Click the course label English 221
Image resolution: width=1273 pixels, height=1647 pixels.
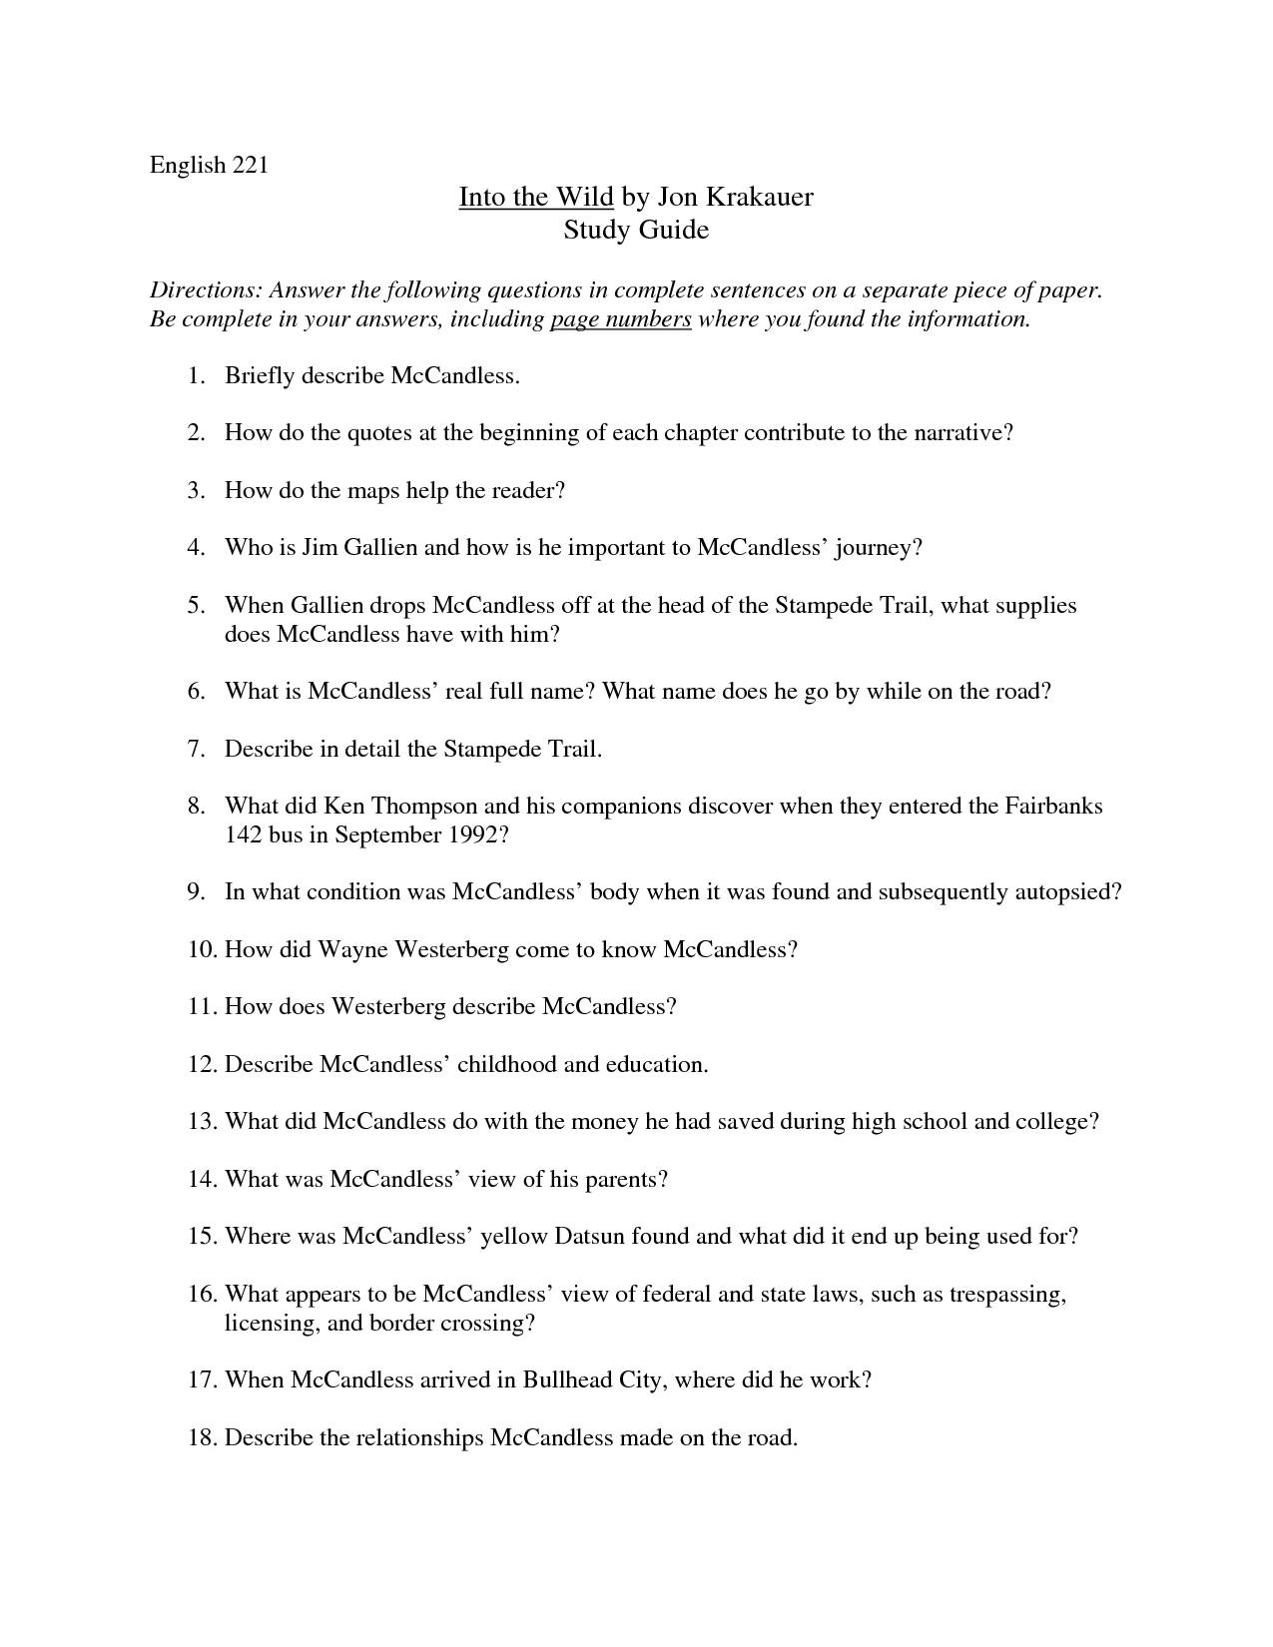[x=209, y=166]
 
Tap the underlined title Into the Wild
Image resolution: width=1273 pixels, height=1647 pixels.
[x=535, y=197]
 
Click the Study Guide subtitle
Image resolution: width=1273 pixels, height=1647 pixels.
[x=636, y=230]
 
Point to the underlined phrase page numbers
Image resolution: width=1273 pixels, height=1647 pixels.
[x=620, y=319]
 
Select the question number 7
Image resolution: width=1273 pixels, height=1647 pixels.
[x=196, y=749]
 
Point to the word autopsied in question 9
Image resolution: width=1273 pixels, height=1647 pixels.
[x=1065, y=892]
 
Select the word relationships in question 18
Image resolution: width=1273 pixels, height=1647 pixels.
[x=419, y=1438]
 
